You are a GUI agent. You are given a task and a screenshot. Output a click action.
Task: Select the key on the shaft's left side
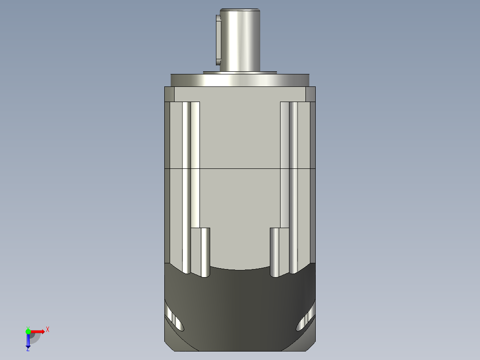[x=218, y=40]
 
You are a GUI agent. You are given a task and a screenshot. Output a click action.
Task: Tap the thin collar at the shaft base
[x=240, y=72]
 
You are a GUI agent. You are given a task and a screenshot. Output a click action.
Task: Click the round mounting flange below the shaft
[x=240, y=80]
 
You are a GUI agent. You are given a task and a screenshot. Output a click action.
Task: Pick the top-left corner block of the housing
[x=169, y=94]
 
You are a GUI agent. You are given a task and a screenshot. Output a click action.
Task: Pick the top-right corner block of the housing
[x=311, y=94]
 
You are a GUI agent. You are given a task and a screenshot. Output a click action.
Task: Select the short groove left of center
[x=205, y=252]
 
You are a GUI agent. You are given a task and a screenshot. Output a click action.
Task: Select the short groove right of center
[x=275, y=252]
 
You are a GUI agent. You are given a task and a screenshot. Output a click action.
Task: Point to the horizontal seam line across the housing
[x=240, y=169]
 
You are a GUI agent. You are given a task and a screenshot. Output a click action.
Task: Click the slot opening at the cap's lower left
[x=175, y=322]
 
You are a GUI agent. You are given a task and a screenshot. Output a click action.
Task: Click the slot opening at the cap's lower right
[x=305, y=322]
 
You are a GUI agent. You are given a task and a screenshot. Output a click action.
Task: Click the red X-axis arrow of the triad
[x=38, y=331]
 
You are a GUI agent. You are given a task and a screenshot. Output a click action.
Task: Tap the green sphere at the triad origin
[x=28, y=331]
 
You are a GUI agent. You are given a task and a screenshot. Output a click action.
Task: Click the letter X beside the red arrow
[x=47, y=330]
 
